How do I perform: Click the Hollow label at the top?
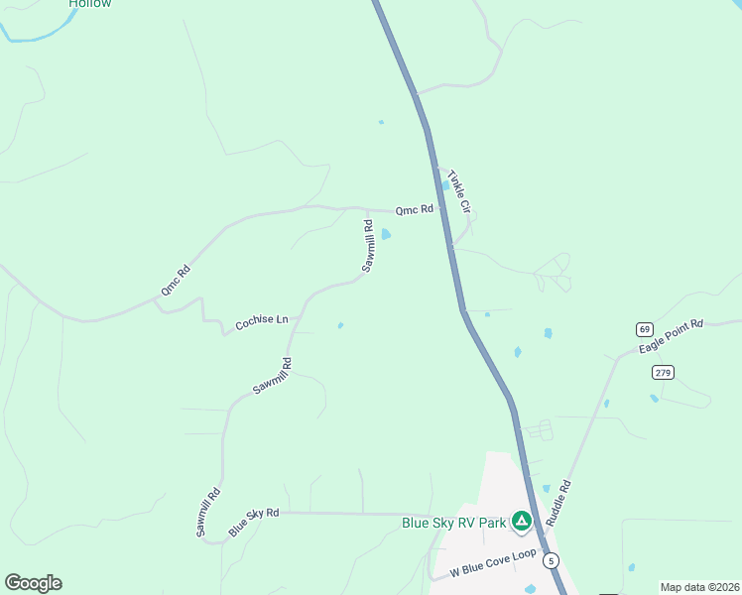pyautogui.click(x=90, y=4)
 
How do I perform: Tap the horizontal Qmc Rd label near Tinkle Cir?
pyautogui.click(x=415, y=209)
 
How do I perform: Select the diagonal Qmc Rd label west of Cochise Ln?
pyautogui.click(x=175, y=280)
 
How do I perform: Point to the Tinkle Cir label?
pyautogui.click(x=458, y=189)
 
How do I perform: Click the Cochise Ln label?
pyautogui.click(x=261, y=322)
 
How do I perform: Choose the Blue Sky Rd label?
pyautogui.click(x=254, y=522)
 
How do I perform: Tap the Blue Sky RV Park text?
pyautogui.click(x=453, y=523)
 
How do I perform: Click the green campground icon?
pyautogui.click(x=521, y=522)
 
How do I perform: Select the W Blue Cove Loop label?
pyautogui.click(x=493, y=562)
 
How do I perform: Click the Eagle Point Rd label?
pyautogui.click(x=671, y=337)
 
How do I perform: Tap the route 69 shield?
pyautogui.click(x=645, y=328)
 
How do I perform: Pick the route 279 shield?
pyautogui.click(x=664, y=372)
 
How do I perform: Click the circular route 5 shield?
pyautogui.click(x=552, y=560)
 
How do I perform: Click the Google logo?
pyautogui.click(x=33, y=583)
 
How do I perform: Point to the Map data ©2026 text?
pyautogui.click(x=699, y=587)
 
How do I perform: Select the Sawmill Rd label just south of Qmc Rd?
pyautogui.click(x=367, y=247)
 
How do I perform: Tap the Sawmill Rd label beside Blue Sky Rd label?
pyautogui.click(x=207, y=513)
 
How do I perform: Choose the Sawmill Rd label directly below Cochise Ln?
pyautogui.click(x=272, y=376)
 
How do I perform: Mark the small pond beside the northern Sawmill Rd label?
pyautogui.click(x=386, y=234)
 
